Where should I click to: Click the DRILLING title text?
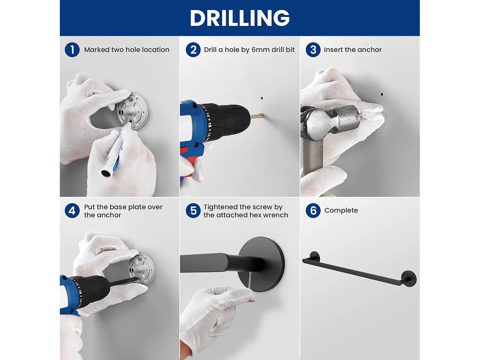click(240, 18)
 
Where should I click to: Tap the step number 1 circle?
click(72, 50)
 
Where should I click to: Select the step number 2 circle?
click(193, 50)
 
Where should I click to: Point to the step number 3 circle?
click(313, 50)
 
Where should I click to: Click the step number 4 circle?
click(72, 211)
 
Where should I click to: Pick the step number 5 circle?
click(193, 211)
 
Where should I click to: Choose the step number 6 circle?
click(313, 211)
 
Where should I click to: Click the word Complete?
click(341, 211)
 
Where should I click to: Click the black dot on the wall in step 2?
click(262, 98)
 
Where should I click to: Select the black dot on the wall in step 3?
click(382, 94)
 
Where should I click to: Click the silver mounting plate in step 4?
click(141, 269)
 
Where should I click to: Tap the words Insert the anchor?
click(353, 50)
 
